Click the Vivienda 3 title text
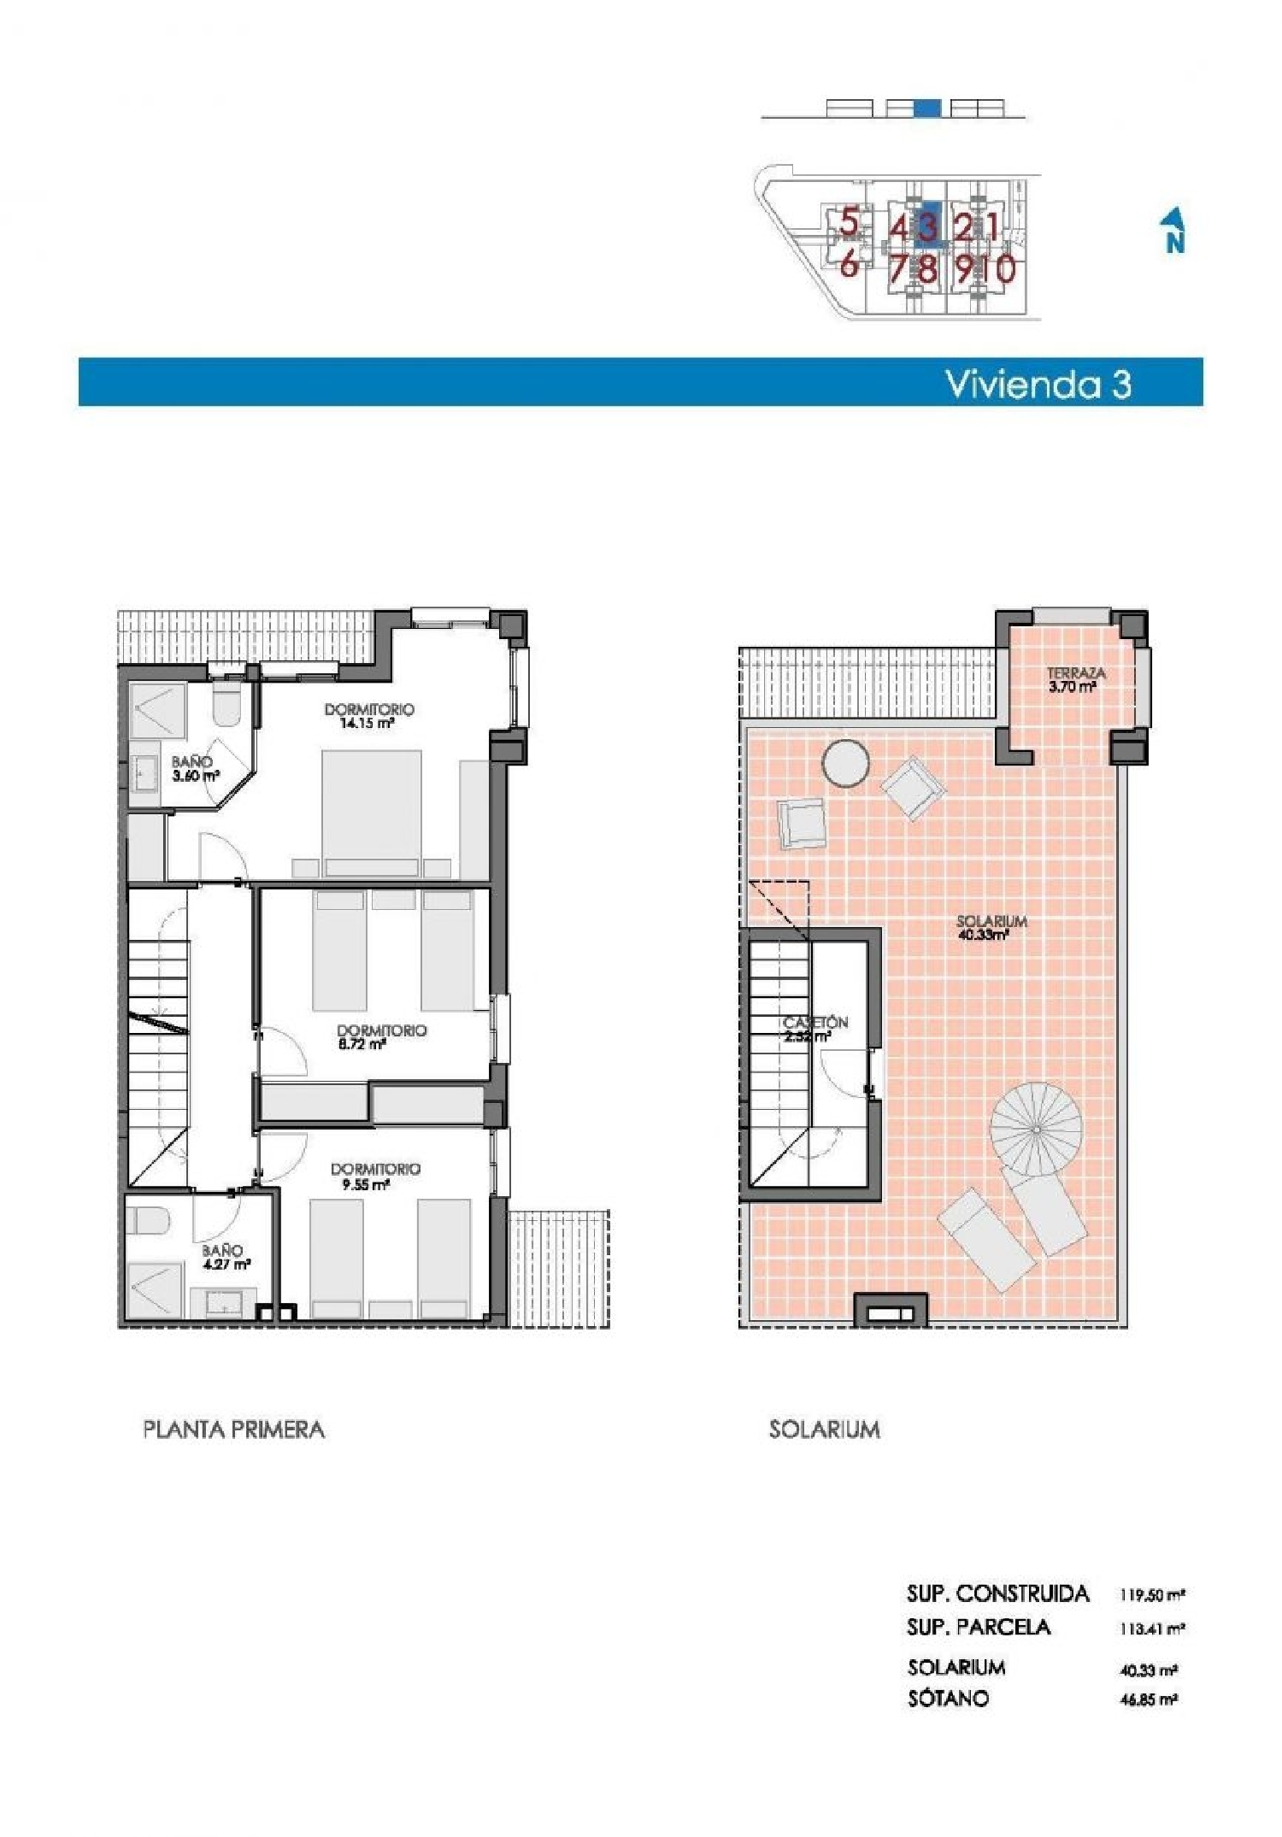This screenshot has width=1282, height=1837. [x=1038, y=384]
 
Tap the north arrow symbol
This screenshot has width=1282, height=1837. [x=1174, y=231]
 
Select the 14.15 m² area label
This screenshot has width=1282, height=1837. [x=367, y=722]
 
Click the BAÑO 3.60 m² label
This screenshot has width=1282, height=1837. [x=194, y=769]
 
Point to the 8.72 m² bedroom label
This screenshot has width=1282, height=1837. [x=362, y=1043]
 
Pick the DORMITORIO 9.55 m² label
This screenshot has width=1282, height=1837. [x=374, y=1176]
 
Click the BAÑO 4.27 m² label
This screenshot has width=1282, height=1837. [x=225, y=1257]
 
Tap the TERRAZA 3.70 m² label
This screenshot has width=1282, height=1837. [x=1075, y=679]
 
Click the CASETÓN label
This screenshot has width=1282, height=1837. [x=814, y=1023]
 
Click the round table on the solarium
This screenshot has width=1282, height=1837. [x=845, y=762]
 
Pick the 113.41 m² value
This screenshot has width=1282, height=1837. [x=1151, y=1629]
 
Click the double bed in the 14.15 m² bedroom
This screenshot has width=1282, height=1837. [x=372, y=812]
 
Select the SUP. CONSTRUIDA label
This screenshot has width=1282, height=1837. [x=997, y=1593]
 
